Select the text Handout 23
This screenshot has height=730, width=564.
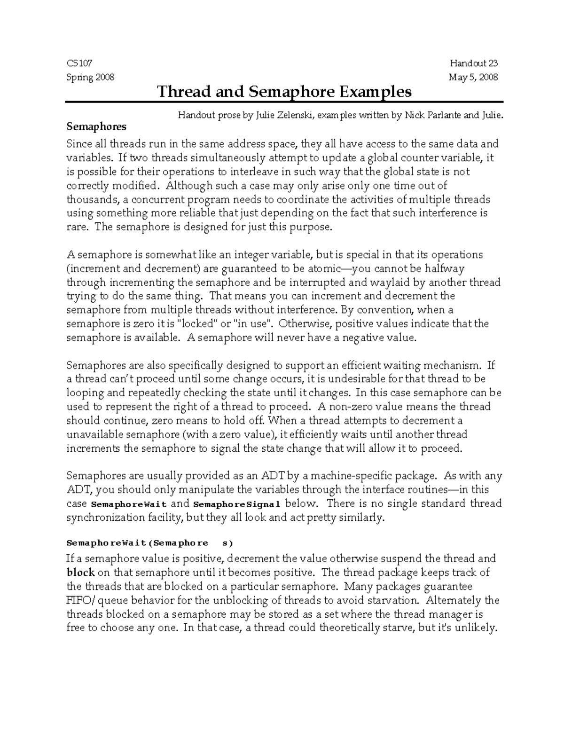[473, 63]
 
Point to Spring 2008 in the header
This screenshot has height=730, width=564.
[90, 77]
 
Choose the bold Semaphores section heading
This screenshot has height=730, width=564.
[96, 126]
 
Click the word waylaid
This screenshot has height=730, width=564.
[377, 283]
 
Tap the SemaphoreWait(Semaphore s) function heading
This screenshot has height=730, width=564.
[149, 543]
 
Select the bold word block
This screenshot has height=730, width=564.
[81, 573]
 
